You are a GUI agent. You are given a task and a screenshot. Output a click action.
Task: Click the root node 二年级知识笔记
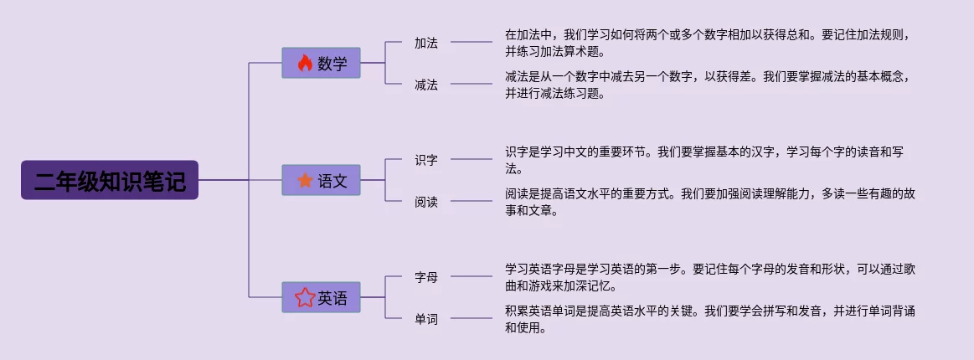110,180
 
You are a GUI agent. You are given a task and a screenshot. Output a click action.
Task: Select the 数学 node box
321,63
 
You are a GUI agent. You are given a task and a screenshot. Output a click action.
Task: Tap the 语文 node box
321,180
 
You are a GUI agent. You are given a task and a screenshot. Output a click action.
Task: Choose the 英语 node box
321,297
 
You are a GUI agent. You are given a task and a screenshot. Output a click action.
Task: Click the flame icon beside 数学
305,63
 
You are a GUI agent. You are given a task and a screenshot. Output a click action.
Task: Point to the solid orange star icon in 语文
305,180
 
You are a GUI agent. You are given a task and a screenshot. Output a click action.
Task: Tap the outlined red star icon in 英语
304,297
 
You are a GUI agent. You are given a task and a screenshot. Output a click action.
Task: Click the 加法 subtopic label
426,42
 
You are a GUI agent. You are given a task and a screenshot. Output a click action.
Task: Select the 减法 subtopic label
426,84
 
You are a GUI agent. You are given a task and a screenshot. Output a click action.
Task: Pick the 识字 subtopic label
426,159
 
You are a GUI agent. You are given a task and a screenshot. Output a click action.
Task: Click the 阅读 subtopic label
426,201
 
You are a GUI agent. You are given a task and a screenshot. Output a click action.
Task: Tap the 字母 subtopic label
426,276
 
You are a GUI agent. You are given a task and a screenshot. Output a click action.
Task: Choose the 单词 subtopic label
426,318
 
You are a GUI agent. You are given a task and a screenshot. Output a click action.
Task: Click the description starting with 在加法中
708,43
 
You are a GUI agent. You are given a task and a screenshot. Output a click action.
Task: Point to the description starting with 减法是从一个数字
708,85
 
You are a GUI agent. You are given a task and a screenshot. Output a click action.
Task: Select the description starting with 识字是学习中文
708,160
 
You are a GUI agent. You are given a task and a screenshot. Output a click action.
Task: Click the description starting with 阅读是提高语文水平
708,202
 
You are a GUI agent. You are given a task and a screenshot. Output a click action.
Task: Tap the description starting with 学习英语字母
708,277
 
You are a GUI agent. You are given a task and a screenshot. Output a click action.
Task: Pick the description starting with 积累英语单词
708,319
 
